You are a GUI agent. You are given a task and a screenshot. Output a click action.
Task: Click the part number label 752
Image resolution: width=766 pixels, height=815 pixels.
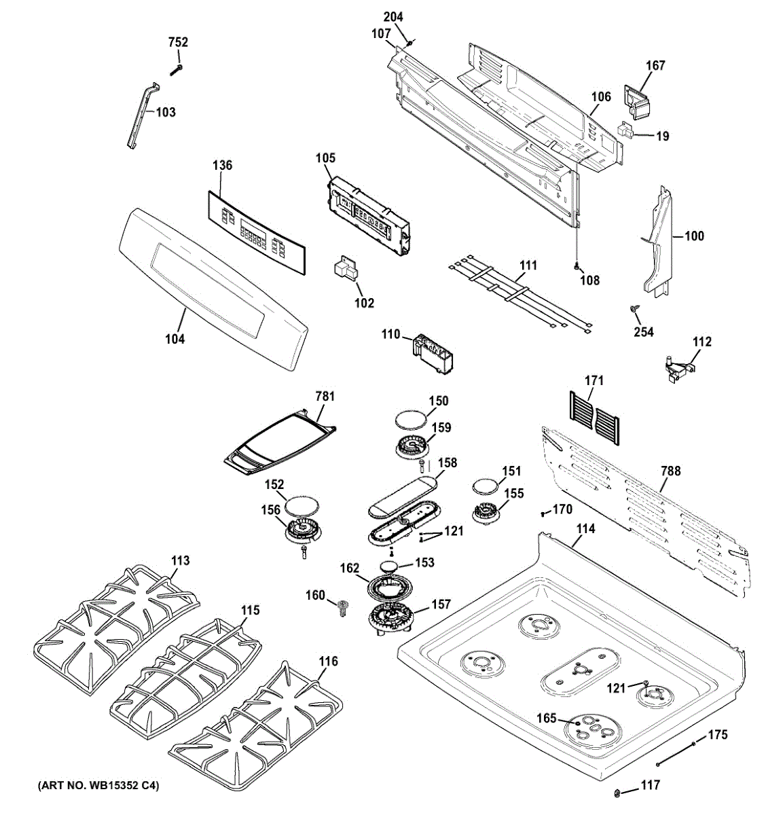178,42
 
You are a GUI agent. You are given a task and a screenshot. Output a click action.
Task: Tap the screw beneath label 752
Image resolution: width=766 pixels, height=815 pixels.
176,70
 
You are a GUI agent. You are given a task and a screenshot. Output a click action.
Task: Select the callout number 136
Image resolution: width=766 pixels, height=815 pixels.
222,166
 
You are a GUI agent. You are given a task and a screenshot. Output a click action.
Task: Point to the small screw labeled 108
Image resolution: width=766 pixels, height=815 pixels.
577,267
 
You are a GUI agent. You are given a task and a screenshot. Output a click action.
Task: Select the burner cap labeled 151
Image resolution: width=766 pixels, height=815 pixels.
486,488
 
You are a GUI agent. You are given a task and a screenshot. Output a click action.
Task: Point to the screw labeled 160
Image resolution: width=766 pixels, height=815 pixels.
342,607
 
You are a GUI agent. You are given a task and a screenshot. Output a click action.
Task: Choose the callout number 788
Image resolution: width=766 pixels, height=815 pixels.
671,471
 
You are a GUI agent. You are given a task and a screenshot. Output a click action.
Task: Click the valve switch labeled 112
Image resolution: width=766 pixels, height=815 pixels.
678,369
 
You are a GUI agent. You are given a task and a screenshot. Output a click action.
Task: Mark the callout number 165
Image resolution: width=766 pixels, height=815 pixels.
547,718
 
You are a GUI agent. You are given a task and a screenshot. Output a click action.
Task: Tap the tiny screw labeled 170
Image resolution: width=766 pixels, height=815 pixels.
543,513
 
